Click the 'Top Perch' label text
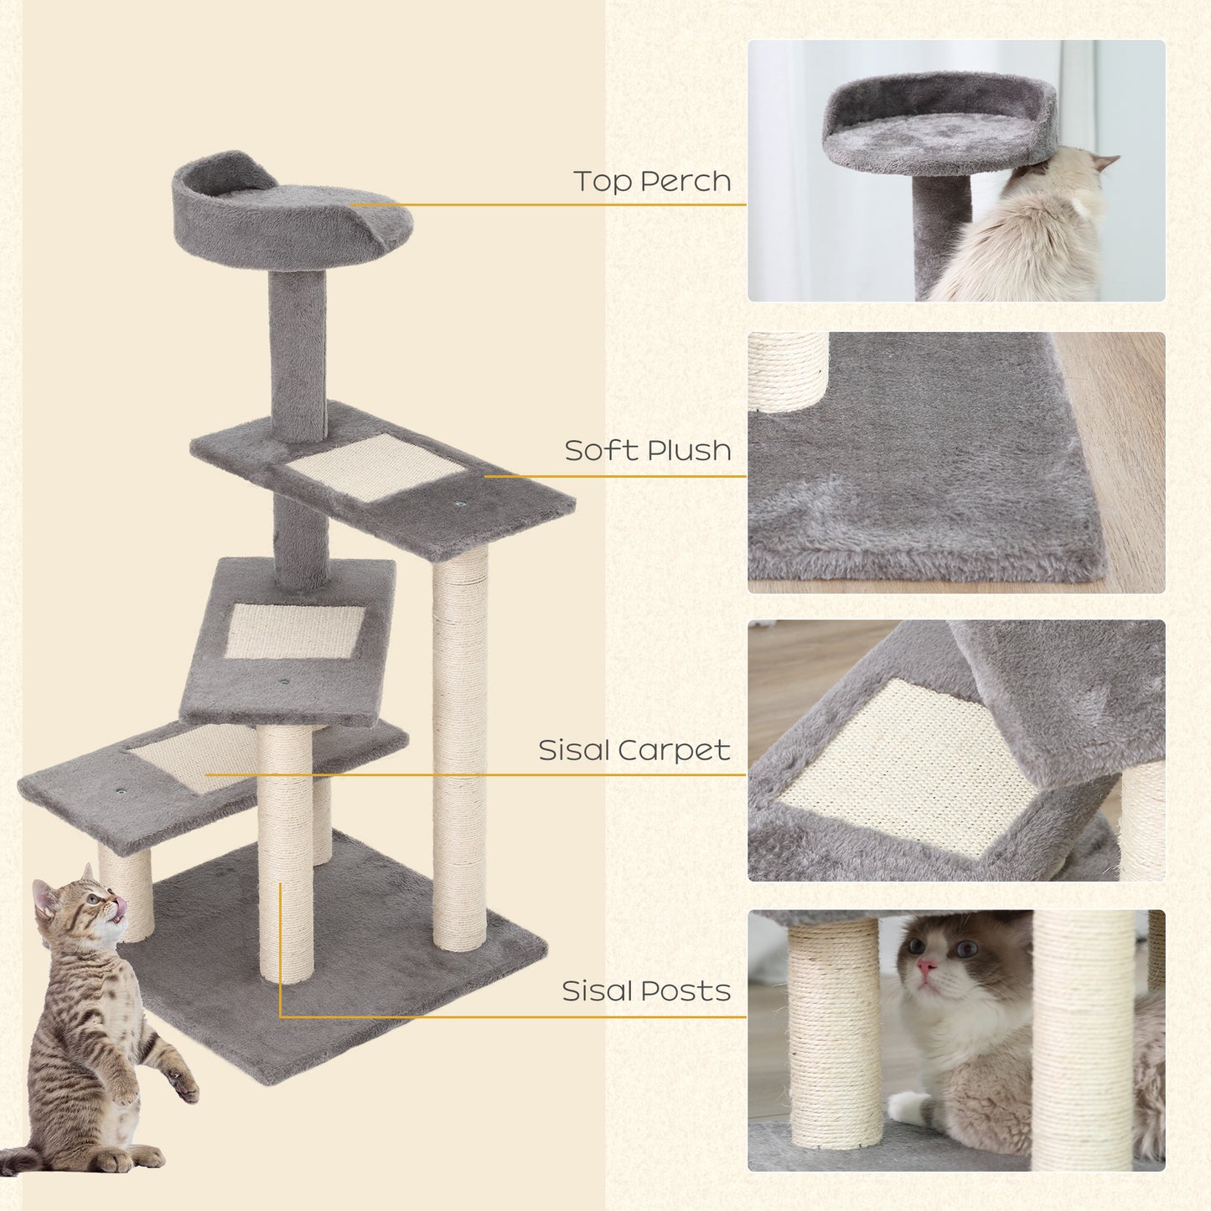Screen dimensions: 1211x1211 pos(652,181)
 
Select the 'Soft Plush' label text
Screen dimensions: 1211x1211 pos(647,451)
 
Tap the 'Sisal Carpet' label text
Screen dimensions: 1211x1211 pos(634,750)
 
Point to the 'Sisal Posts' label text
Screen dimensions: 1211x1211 pos(646,991)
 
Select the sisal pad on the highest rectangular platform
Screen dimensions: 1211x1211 pos(374,466)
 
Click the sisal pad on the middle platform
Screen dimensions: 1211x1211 pos(295,630)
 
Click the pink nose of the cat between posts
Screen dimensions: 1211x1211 pos(925,969)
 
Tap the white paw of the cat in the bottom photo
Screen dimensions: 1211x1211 pos(909,1106)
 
